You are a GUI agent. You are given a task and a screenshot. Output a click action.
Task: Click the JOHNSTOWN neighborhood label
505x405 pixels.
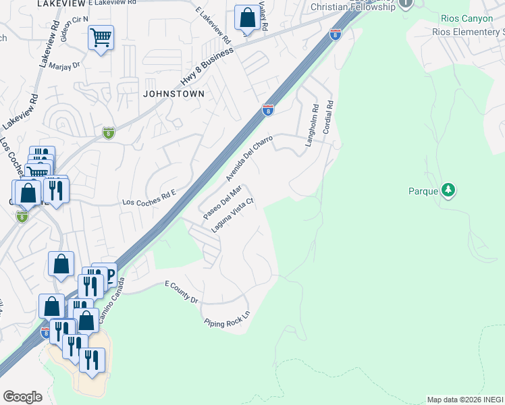click(174, 94)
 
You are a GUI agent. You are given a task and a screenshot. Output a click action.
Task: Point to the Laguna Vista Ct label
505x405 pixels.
click(232, 215)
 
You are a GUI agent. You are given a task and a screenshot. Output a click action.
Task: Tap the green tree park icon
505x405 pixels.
click(448, 190)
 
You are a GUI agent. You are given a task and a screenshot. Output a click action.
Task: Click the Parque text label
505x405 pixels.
click(424, 191)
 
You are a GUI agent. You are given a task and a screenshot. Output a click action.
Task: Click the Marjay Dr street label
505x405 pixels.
click(68, 65)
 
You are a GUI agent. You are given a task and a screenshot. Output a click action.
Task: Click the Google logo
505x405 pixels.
click(22, 397)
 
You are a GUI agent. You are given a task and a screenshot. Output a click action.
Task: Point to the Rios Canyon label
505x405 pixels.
click(467, 18)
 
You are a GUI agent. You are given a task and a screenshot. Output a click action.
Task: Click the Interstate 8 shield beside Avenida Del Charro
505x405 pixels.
click(268, 109)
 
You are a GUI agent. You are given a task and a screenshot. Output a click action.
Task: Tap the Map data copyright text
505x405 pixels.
click(465, 400)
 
